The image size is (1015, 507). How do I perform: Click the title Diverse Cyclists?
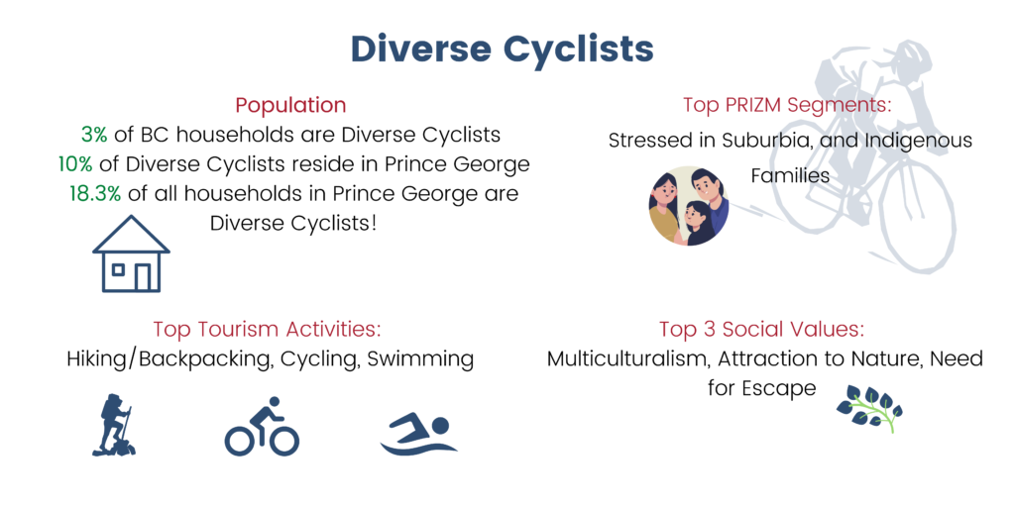502,50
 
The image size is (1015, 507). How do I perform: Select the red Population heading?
290,105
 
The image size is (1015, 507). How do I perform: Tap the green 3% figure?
94,135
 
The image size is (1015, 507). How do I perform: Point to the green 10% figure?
75,164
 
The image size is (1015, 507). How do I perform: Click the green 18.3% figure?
95,194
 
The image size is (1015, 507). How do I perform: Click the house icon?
132,253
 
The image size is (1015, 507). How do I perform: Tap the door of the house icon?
143,276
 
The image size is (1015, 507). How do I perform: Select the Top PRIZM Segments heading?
786,105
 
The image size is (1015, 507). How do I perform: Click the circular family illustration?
688,206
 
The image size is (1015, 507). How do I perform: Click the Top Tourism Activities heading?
267,329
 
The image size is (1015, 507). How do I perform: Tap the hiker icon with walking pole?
114,425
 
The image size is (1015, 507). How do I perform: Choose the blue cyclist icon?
262,426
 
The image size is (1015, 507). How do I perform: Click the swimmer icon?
418,435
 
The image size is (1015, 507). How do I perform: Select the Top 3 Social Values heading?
762,329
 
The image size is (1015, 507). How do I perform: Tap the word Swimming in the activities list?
420,359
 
